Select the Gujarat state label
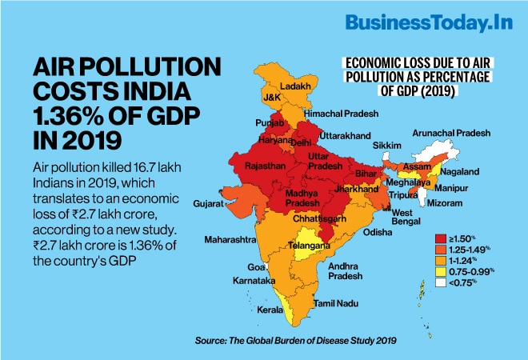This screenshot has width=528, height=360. tap(207, 204)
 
